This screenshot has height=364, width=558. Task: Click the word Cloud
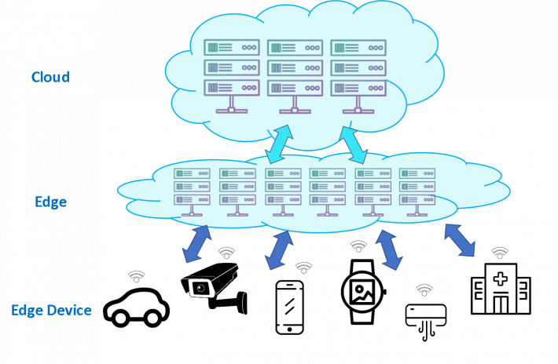pyautogui.click(x=50, y=77)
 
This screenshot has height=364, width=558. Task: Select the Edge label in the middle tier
pyautogui.click(x=50, y=202)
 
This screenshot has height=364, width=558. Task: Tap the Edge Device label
pyautogui.click(x=51, y=310)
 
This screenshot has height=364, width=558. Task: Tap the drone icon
pyautogui.click(x=424, y=315)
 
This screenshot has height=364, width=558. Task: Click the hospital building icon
pyautogui.click(x=500, y=290)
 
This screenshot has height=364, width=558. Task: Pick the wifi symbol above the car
pyautogui.click(x=137, y=276)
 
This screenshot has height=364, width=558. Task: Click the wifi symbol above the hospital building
pyautogui.click(x=500, y=253)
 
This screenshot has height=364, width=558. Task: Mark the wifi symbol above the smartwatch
pyautogui.click(x=358, y=246)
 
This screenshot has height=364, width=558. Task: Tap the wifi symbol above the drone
pyautogui.click(x=424, y=290)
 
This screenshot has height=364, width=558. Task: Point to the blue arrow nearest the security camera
pyautogui.click(x=196, y=244)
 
